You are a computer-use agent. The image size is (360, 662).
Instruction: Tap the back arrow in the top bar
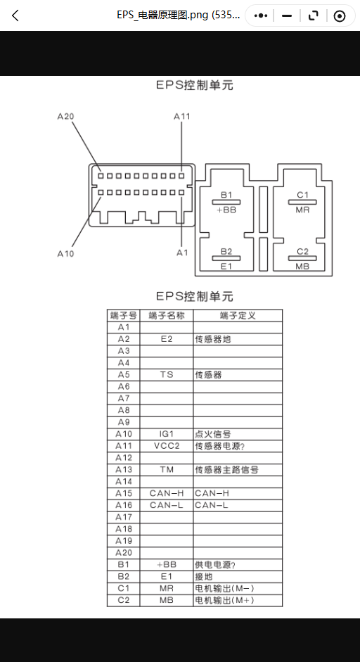[15, 16]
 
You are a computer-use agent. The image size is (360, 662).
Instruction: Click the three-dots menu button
[261, 16]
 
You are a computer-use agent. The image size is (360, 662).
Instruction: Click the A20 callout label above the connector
[66, 117]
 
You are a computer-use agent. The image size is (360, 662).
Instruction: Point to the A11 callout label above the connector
[182, 117]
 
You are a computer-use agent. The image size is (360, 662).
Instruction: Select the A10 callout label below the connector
[65, 254]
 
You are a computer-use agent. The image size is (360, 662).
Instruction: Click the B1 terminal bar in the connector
[226, 202]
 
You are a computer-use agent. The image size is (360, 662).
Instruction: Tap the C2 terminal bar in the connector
[302, 258]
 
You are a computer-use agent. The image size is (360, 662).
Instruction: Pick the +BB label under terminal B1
[226, 210]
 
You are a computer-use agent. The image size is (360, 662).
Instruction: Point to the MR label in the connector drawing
[302, 210]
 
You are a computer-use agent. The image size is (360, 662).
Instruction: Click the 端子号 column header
[123, 315]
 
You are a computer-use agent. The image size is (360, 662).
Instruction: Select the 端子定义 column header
[238, 315]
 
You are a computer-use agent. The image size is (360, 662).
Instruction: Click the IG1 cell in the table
[167, 434]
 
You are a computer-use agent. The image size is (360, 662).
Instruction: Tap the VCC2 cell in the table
[167, 446]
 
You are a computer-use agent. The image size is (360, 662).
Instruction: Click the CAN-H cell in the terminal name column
[167, 493]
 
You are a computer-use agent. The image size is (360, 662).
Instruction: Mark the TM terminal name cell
[167, 469]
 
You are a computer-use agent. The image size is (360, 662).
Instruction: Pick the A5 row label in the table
[123, 375]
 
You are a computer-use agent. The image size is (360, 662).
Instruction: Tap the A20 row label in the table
[123, 553]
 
